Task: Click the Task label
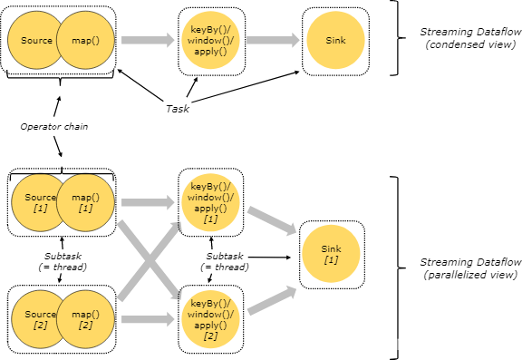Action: pyautogui.click(x=178, y=109)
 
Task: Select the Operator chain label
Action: pyautogui.click(x=54, y=127)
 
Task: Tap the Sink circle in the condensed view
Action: pyautogui.click(x=335, y=40)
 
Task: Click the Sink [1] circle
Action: pyautogui.click(x=331, y=254)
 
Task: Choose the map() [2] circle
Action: pyautogui.click(x=85, y=319)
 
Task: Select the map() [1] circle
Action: pyautogui.click(x=85, y=202)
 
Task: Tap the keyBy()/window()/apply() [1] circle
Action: pyautogui.click(x=210, y=202)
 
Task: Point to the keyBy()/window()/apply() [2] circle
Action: pyautogui.click(x=210, y=319)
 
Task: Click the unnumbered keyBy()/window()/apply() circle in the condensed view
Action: pyautogui.click(x=210, y=40)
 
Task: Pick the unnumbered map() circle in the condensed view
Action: pyautogui.click(x=85, y=40)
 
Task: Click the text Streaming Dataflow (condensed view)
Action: pyautogui.click(x=470, y=38)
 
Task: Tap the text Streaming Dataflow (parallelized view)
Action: pyautogui.click(x=470, y=268)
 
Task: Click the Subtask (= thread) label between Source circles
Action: pyautogui.click(x=63, y=261)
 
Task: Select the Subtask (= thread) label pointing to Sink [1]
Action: pyautogui.click(x=225, y=261)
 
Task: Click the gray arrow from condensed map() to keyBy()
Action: pyautogui.click(x=148, y=40)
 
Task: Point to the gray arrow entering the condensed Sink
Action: pyautogui.click(x=273, y=40)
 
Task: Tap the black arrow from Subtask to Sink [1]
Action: pyautogui.click(x=270, y=258)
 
